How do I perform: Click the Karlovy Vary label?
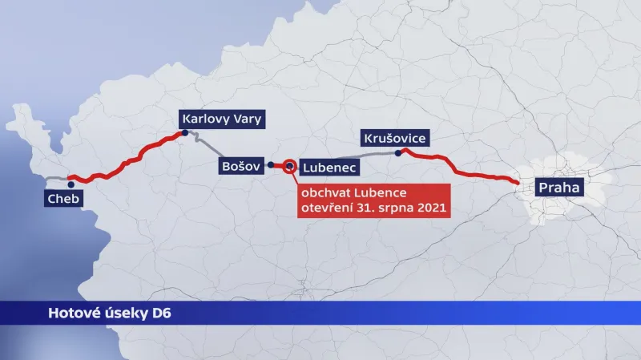(222, 119)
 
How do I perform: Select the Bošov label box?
(240, 167)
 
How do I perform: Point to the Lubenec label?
(329, 168)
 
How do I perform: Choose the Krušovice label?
(394, 138)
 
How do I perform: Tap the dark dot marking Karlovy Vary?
(185, 134)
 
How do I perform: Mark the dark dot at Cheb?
(71, 184)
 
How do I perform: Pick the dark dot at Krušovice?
(397, 152)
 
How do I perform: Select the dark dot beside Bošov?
(271, 165)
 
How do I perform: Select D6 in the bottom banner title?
(161, 313)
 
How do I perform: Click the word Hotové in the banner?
(73, 313)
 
